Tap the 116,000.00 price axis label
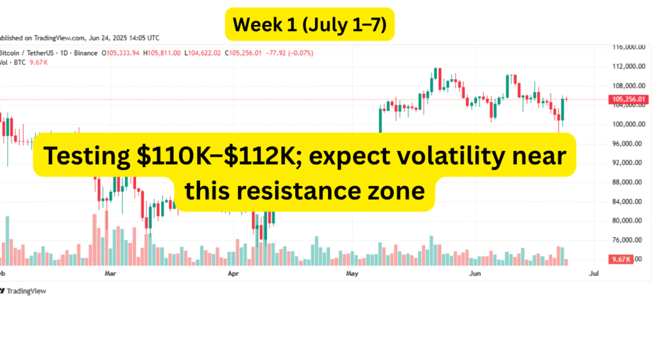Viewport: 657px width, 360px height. [628, 47]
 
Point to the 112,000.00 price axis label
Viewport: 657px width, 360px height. [628, 66]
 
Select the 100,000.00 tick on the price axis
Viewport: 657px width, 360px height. [628, 124]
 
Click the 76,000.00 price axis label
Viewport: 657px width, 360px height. [628, 240]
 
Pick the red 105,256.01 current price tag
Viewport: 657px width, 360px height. [629, 99]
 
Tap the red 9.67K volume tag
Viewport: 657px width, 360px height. [620, 259]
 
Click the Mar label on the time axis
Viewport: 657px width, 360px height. [110, 273]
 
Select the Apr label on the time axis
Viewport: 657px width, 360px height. [233, 273]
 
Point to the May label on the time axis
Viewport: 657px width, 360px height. [352, 273]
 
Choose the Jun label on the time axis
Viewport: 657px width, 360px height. [474, 273]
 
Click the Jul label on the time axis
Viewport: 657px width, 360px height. [593, 273]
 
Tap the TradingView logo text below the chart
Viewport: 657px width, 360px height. [25, 291]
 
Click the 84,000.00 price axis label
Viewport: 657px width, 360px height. [628, 201]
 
